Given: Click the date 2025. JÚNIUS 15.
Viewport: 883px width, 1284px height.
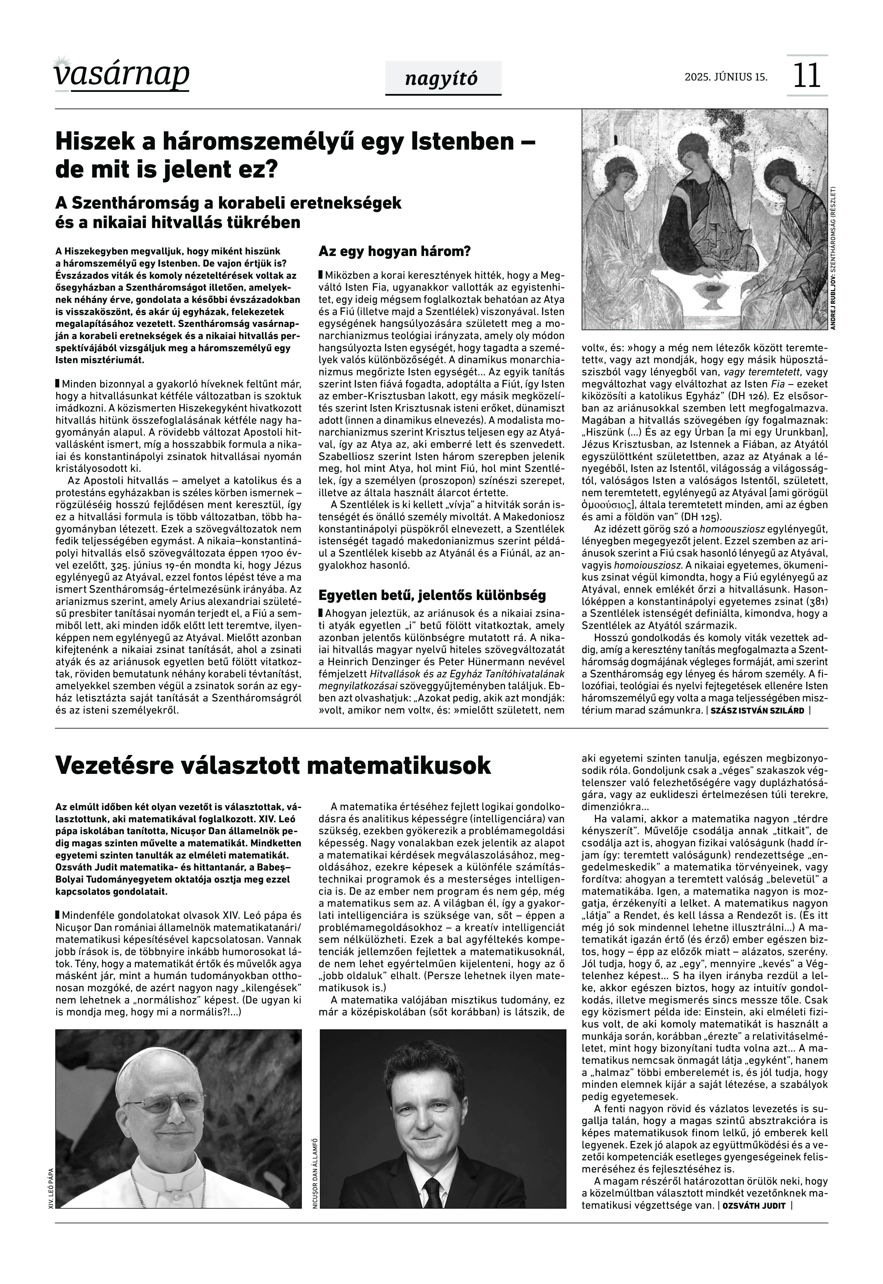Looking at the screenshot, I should pos(726,77).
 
